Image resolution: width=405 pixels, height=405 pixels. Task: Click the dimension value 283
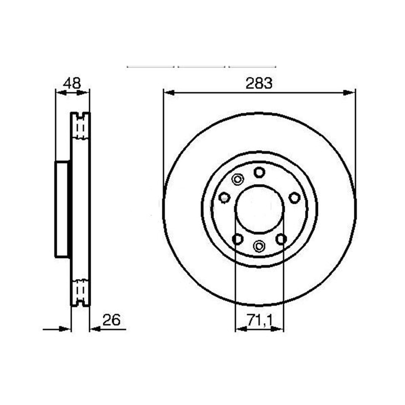click(259, 83)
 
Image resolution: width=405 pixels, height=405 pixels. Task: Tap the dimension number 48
click(72, 83)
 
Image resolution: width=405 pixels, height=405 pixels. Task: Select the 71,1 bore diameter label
click(260, 320)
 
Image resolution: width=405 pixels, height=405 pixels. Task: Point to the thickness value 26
click(112, 320)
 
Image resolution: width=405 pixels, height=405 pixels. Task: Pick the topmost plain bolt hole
click(259, 172)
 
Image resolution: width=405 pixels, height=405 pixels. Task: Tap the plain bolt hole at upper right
click(294, 198)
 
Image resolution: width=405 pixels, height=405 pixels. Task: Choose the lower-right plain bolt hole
click(281, 239)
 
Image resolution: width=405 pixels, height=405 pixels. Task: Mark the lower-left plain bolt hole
click(238, 239)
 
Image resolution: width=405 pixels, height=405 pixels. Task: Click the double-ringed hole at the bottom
click(259, 246)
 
